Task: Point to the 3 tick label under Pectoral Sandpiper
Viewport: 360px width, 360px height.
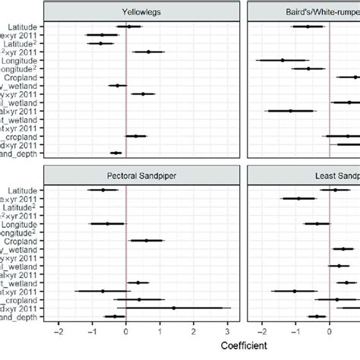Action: [228, 331]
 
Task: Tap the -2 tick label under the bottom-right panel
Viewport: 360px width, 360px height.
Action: [261, 331]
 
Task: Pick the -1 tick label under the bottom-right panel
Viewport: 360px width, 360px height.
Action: [295, 331]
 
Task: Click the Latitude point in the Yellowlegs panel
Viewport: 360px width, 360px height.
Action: [129, 27]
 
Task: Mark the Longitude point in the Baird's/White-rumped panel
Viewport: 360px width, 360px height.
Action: [283, 60]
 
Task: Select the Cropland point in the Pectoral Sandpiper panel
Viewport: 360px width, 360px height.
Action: [147, 241]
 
